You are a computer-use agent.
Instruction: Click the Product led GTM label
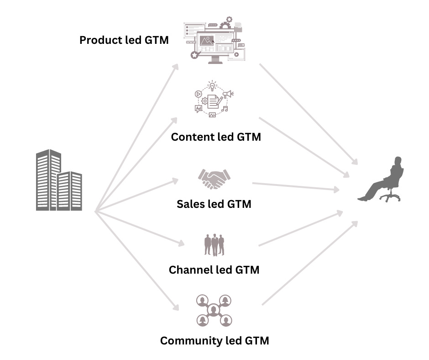click(124, 40)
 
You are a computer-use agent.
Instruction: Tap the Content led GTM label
click(216, 137)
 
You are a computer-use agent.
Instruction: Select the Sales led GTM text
click(214, 204)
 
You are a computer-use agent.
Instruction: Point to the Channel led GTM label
click(214, 270)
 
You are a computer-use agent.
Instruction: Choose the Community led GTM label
click(214, 340)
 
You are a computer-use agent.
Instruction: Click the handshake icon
click(214, 179)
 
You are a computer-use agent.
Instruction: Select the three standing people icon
click(214, 245)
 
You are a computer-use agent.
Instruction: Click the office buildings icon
click(58, 180)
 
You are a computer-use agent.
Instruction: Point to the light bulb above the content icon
click(212, 85)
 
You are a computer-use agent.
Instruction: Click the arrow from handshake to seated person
click(297, 186)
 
